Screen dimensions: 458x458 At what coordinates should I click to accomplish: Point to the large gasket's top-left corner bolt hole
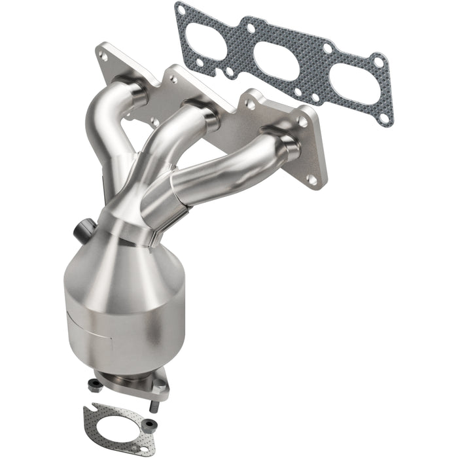click(181, 9)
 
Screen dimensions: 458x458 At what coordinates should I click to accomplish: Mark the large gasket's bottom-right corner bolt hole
click(386, 119)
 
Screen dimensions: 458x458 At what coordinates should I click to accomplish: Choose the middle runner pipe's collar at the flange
click(200, 112)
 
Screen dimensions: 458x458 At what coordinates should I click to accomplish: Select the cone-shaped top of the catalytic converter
click(124, 262)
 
